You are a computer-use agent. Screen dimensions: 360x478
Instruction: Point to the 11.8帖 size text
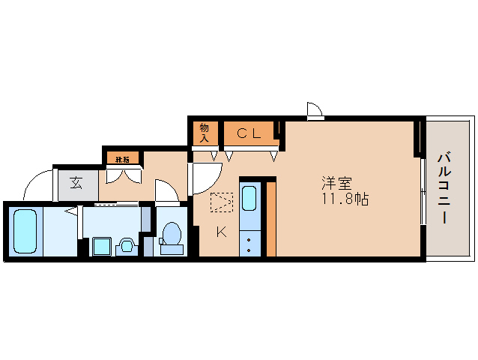click(x=345, y=200)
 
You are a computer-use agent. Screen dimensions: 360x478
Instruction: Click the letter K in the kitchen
click(x=221, y=231)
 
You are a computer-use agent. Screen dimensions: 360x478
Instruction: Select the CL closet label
click(x=249, y=133)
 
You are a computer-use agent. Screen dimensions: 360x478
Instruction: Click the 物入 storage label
click(x=204, y=133)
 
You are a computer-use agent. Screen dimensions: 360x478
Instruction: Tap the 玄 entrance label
click(x=76, y=182)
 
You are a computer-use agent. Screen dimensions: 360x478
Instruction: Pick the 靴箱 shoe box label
click(x=122, y=159)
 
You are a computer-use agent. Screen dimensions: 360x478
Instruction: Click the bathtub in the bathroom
click(x=26, y=230)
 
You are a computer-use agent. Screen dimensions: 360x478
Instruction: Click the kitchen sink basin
click(x=249, y=199)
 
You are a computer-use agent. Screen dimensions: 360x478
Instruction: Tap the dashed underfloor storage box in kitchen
click(x=222, y=202)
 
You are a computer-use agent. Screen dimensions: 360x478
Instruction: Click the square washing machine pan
click(x=100, y=246)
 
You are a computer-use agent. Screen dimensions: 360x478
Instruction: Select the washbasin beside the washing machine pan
click(x=126, y=245)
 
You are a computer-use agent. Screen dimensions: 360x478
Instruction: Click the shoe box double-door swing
click(x=122, y=175)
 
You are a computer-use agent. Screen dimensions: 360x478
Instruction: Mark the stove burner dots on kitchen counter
click(x=249, y=241)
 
